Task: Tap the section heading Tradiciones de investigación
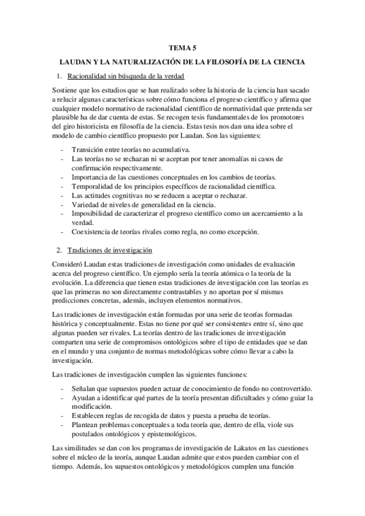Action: tap(110, 250)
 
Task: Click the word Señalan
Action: tap(87, 389)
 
